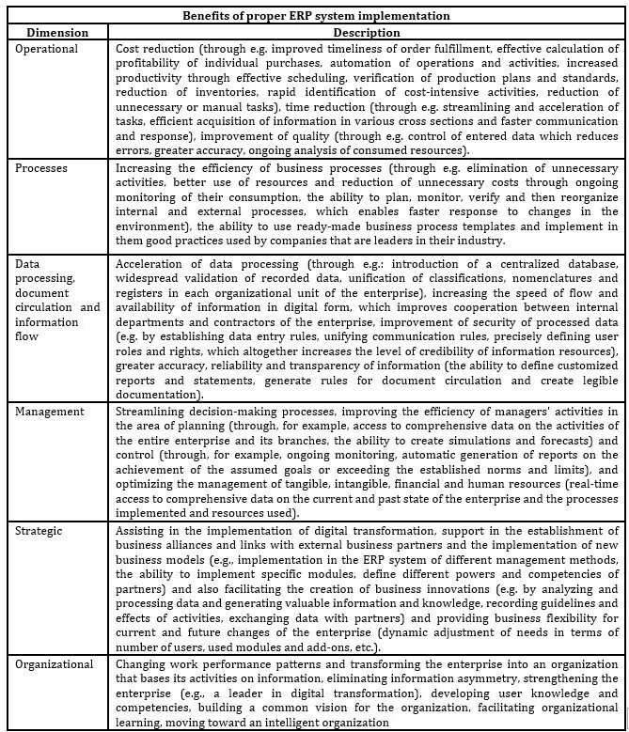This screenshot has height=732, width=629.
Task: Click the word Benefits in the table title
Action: tap(213, 16)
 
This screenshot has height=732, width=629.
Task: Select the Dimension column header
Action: tap(58, 31)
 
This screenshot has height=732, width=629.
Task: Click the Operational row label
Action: tap(48, 47)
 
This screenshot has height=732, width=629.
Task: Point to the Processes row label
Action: tap(43, 166)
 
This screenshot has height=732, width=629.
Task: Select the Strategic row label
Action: tap(40, 531)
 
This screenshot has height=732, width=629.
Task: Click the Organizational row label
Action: tap(55, 664)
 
